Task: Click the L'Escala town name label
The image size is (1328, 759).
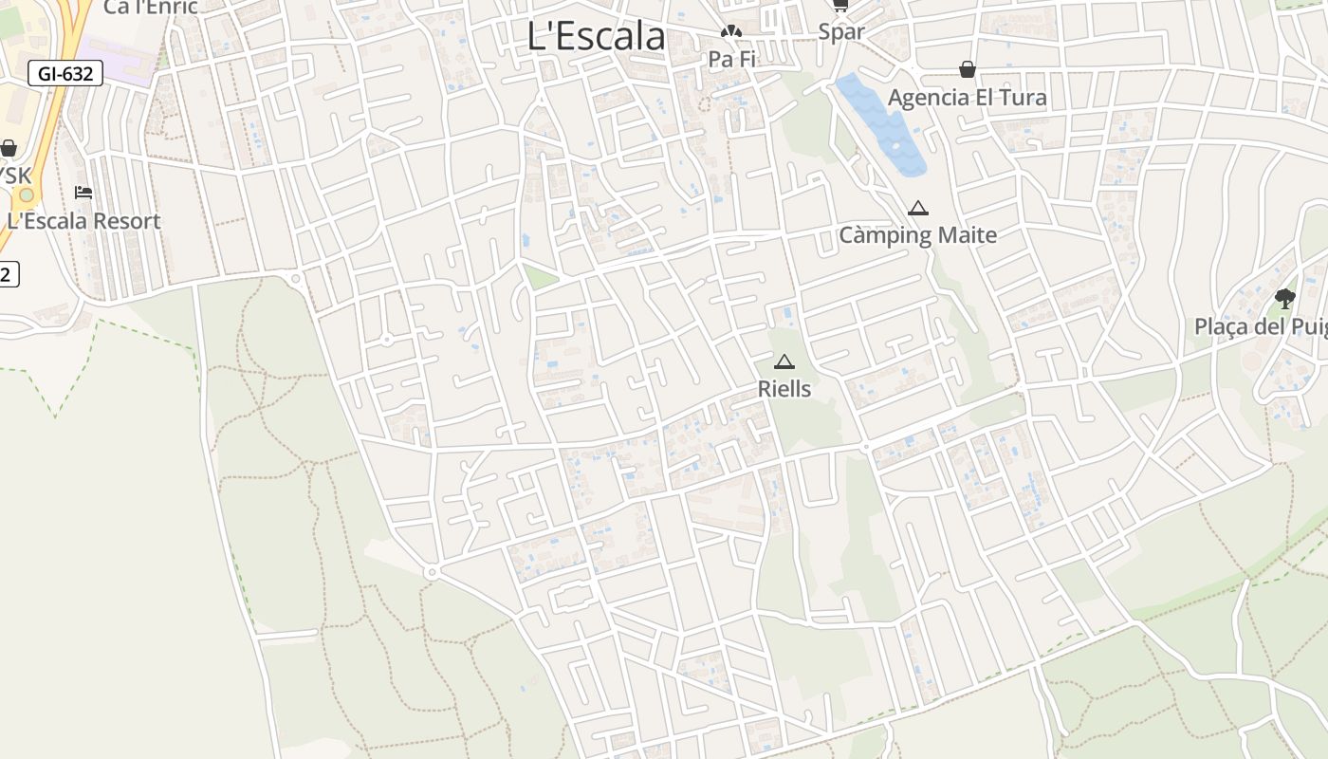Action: [x=596, y=36]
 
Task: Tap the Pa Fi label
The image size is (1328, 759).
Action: [x=731, y=59]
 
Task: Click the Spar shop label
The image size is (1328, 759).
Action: [x=841, y=31]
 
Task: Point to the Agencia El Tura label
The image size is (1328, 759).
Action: [x=967, y=97]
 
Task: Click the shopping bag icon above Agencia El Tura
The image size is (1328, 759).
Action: [x=967, y=69]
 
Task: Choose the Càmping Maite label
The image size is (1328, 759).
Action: [x=917, y=234]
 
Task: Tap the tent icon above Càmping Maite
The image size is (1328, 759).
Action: [x=917, y=208]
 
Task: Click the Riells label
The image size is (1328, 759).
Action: [x=784, y=388]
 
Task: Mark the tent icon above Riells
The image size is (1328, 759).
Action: [x=784, y=361]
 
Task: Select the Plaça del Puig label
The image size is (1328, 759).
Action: [x=1261, y=326]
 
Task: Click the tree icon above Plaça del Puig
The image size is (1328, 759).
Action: [x=1285, y=299]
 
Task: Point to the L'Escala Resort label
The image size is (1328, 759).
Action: [x=83, y=220]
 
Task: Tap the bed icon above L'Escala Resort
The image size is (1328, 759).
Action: [x=83, y=193]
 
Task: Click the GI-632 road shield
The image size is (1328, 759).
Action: [x=65, y=73]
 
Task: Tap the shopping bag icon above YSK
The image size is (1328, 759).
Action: [x=9, y=148]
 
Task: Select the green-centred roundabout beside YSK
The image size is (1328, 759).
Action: [x=27, y=195]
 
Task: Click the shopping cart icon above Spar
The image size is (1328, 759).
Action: [x=840, y=5]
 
